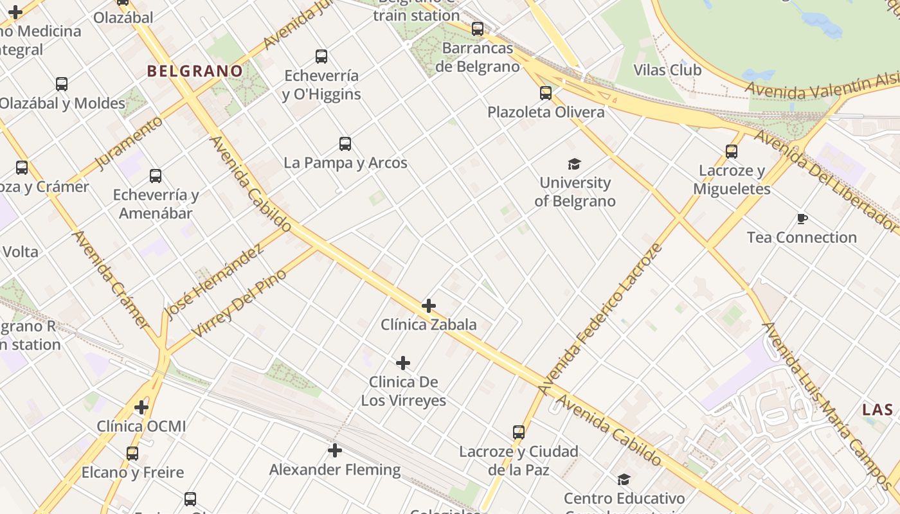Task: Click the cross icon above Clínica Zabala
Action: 429,306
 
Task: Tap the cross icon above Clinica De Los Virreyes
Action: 403,364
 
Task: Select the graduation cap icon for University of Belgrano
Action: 574,164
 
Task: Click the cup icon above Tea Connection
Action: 802,219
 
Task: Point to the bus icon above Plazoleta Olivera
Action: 546,93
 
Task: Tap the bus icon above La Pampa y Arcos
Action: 345,144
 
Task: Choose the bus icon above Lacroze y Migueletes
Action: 732,152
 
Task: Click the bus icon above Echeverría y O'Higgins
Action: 321,57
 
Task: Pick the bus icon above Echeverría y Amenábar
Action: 156,176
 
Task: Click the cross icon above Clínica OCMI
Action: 141,407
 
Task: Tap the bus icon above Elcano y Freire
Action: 132,454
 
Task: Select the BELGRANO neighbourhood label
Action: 195,71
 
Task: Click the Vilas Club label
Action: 667,70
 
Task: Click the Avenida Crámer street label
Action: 111,279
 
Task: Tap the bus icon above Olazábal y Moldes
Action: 62,84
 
